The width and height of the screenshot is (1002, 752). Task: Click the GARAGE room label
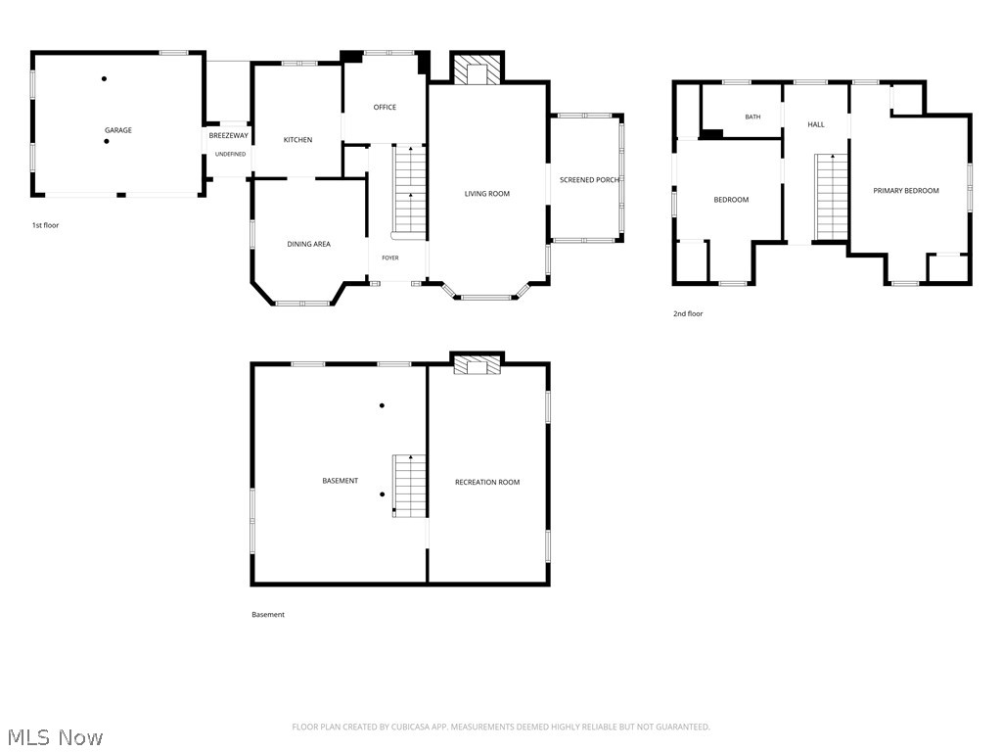118,130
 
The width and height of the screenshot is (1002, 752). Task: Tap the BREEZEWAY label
229,135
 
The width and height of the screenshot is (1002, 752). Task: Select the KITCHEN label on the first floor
297,140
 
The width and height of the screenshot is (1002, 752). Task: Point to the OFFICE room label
385,108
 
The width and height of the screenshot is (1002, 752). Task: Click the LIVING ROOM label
487,194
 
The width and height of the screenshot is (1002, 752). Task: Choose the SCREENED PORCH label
589,180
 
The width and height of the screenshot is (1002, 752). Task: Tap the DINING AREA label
308,244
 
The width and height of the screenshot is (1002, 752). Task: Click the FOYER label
390,258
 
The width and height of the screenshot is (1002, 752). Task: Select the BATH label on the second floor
752,117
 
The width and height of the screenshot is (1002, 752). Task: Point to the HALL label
816,124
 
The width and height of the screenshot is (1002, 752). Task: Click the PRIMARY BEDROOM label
906,191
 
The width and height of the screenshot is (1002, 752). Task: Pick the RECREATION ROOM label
487,482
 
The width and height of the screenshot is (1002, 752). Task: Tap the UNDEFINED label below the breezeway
230,154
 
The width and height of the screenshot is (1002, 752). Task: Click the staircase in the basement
409,486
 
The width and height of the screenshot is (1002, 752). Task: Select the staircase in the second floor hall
832,197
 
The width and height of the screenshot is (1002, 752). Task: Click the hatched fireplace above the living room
478,69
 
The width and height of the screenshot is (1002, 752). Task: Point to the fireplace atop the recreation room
478,364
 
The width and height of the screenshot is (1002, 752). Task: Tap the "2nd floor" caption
688,314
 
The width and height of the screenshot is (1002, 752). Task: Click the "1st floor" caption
45,225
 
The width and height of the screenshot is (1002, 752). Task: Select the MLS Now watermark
56,737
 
